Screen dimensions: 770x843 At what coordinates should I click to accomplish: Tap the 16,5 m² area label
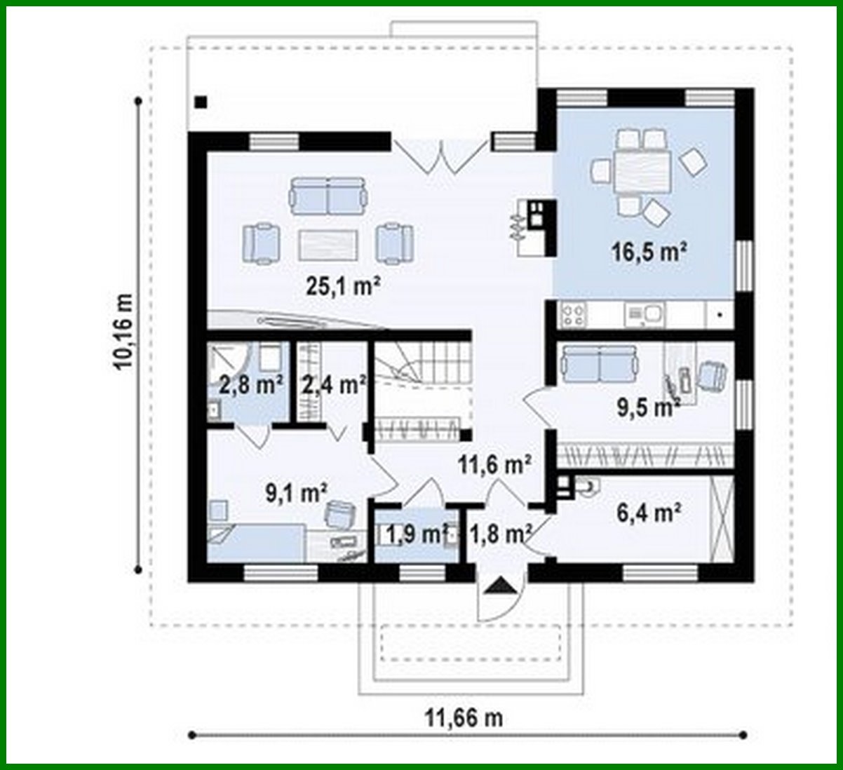tap(649, 252)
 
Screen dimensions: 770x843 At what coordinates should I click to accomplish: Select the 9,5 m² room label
tap(648, 408)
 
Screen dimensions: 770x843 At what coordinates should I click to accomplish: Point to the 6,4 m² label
tap(649, 513)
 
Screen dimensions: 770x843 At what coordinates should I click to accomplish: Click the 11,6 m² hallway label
tap(494, 464)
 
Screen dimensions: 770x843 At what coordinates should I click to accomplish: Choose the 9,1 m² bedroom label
tap(296, 493)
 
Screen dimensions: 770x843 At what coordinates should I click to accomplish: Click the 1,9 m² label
tap(416, 534)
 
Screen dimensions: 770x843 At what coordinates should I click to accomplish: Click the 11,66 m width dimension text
tap(464, 717)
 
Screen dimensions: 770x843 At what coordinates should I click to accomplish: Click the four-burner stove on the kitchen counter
tap(573, 315)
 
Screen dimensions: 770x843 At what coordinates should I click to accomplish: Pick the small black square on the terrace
tap(201, 102)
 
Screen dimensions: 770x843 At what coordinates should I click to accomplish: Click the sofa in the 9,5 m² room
tap(600, 362)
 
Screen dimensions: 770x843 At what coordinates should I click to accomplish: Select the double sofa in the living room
tap(328, 195)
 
